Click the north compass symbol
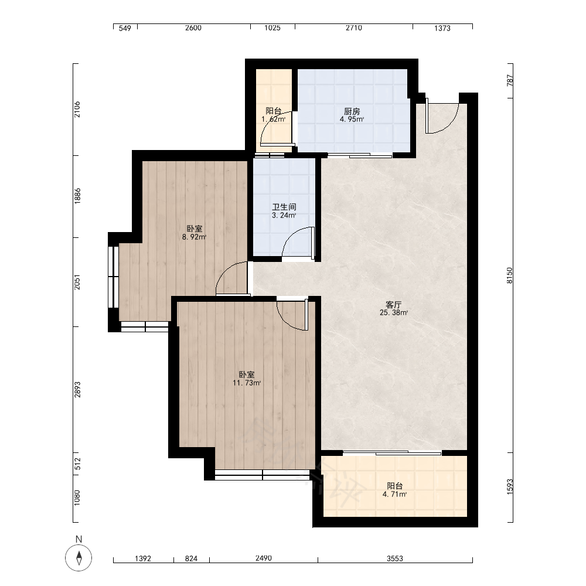[x=79, y=558]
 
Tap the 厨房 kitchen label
[x=352, y=111]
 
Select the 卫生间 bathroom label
[x=284, y=207]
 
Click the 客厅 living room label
[x=394, y=304]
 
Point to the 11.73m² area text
[x=247, y=383]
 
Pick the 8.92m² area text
[x=194, y=237]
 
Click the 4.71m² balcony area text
[x=394, y=494]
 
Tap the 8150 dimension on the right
[x=510, y=275]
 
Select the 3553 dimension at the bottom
[x=394, y=558]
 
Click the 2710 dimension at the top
[x=353, y=28]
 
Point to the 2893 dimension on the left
[x=77, y=389]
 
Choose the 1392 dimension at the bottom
[x=143, y=558]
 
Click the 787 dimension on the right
[x=510, y=80]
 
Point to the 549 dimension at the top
[x=125, y=28]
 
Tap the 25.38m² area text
[x=394, y=312]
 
